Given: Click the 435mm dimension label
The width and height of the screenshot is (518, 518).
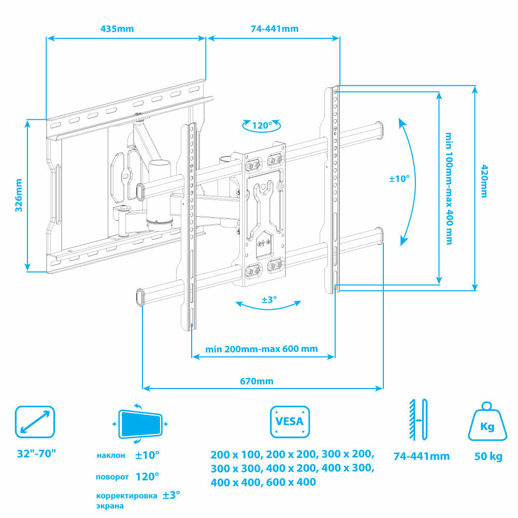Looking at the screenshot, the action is pyautogui.click(x=117, y=28).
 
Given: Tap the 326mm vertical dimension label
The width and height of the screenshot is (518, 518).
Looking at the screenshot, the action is pyautogui.click(x=19, y=195).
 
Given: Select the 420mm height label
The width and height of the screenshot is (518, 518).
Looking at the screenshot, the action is pyautogui.click(x=484, y=181).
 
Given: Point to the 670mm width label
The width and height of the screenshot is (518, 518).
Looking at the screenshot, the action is pyautogui.click(x=257, y=381).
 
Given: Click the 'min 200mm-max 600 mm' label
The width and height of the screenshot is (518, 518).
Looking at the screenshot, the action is pyautogui.click(x=262, y=349).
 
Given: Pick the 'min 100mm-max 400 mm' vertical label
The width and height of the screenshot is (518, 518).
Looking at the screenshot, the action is pyautogui.click(x=449, y=189).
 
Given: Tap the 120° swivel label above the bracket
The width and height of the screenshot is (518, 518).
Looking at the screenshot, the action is pyautogui.click(x=262, y=125).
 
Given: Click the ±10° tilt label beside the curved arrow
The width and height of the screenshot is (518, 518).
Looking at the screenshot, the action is pyautogui.click(x=399, y=179).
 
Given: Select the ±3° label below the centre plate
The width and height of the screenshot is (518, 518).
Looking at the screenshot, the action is pyautogui.click(x=269, y=299).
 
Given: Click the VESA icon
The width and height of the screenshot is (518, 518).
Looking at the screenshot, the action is pyautogui.click(x=290, y=422).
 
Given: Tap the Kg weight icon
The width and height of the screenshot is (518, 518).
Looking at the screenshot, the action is pyautogui.click(x=487, y=422).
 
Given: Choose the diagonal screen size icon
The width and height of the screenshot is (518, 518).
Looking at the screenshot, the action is pyautogui.click(x=35, y=422).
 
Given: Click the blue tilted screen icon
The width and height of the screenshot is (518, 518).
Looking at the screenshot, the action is pyautogui.click(x=140, y=424).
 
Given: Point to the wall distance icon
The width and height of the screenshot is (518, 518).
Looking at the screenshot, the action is pyautogui.click(x=418, y=420).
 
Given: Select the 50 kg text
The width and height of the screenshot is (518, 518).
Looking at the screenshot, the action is pyautogui.click(x=488, y=456).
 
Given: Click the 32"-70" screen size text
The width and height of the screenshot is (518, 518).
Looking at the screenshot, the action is pyautogui.click(x=36, y=454).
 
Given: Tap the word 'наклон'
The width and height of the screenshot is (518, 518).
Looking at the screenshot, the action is pyautogui.click(x=111, y=455).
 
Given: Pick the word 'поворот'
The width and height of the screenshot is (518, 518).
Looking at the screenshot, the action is pyautogui.click(x=112, y=477).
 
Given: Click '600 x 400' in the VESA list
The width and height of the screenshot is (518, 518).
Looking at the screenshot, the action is pyautogui.click(x=291, y=482).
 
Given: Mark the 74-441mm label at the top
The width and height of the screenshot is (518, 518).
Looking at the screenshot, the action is pyautogui.click(x=275, y=28).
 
